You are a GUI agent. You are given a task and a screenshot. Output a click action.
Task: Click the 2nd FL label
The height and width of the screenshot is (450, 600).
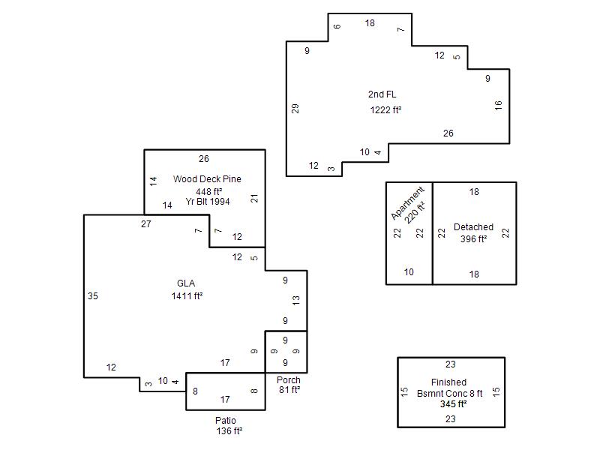(382, 94)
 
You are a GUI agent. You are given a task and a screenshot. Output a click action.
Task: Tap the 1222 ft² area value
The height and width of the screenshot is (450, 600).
(385, 110)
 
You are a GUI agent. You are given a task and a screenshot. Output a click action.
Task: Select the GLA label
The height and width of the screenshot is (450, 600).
(186, 283)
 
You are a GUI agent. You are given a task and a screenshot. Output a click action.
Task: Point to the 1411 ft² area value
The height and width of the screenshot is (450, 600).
(187, 295)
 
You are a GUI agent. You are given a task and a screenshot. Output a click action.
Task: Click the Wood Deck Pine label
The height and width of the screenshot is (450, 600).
(207, 179)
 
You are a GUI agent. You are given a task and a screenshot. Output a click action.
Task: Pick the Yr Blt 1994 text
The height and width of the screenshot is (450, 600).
(208, 201)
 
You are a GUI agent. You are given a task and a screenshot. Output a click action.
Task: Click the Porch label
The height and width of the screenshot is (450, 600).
(288, 380)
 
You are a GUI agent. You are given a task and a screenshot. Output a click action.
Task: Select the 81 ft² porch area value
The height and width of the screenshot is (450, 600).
(289, 390)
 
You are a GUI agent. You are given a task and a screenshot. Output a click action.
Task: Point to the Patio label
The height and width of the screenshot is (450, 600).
(225, 421)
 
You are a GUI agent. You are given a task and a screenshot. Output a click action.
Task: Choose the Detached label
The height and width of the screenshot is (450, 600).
(473, 227)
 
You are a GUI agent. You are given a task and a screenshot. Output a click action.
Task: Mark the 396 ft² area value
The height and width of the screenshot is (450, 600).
(473, 239)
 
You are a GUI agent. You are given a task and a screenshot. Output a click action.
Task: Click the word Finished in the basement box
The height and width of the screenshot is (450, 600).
(448, 382)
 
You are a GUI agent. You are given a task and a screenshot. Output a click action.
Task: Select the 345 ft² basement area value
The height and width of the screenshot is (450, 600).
(453, 403)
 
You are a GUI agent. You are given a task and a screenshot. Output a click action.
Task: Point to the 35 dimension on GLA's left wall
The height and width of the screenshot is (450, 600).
(93, 296)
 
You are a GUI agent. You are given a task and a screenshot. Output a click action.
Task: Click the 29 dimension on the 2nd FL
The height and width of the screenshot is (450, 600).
(295, 109)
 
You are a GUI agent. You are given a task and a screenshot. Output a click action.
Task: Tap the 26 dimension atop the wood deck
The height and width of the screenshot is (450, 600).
(204, 159)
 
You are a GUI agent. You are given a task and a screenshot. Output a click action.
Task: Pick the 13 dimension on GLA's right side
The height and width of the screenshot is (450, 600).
(296, 300)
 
